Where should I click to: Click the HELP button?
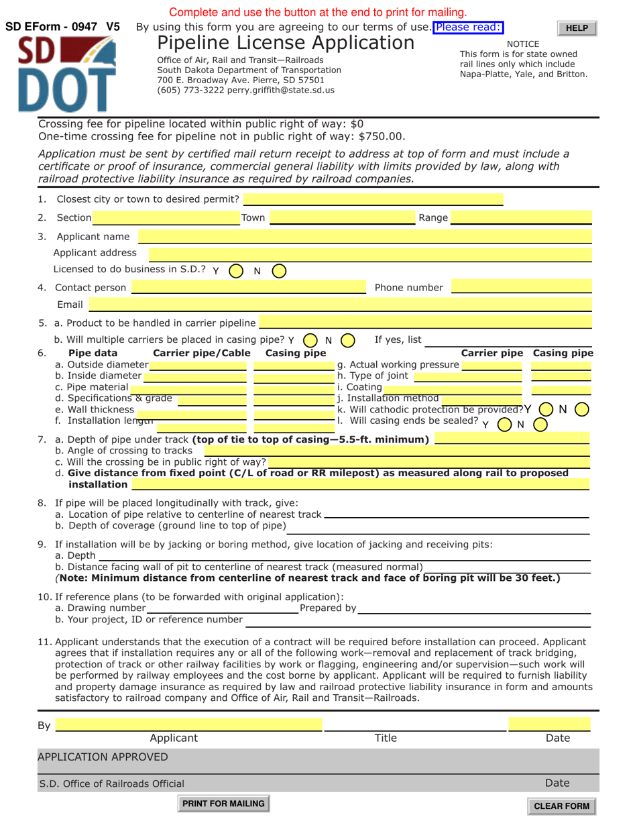click(577, 28)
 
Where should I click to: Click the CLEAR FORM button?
click(561, 806)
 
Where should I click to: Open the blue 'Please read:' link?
click(469, 27)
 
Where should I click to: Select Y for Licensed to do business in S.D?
click(235, 271)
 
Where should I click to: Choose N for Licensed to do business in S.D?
click(279, 271)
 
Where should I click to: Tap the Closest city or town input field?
click(373, 199)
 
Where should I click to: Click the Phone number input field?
click(522, 288)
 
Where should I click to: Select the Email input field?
click(341, 305)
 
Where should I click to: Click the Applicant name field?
click(365, 236)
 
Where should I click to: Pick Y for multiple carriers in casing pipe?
click(310, 340)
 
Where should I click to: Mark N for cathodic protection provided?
click(582, 408)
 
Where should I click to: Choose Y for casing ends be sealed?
click(504, 424)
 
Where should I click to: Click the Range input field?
click(521, 217)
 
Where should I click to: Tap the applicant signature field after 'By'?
click(189, 724)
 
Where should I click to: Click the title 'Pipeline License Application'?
click(286, 44)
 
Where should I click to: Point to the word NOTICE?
click(523, 44)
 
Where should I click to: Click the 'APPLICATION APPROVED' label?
click(103, 757)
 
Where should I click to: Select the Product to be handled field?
click(425, 323)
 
